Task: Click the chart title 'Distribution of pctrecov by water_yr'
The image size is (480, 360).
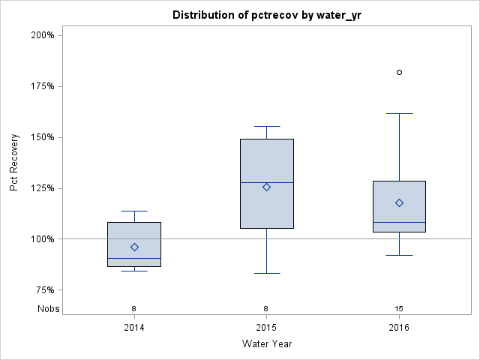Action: (x=265, y=15)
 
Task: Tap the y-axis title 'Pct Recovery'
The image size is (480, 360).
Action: (x=14, y=163)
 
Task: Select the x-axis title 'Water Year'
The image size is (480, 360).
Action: (x=266, y=343)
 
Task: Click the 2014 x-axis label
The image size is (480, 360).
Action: (x=134, y=327)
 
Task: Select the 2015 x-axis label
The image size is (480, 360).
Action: (x=266, y=327)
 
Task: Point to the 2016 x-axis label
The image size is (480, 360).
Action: (x=399, y=327)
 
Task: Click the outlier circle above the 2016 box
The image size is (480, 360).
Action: (x=399, y=72)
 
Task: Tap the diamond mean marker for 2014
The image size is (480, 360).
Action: (x=134, y=247)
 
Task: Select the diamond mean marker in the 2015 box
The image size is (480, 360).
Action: (x=266, y=187)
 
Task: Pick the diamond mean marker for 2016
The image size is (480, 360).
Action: (x=399, y=202)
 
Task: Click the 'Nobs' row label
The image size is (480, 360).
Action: (x=48, y=308)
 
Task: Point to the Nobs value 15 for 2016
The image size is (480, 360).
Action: (x=399, y=308)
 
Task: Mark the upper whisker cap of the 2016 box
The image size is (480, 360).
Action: (x=399, y=113)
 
